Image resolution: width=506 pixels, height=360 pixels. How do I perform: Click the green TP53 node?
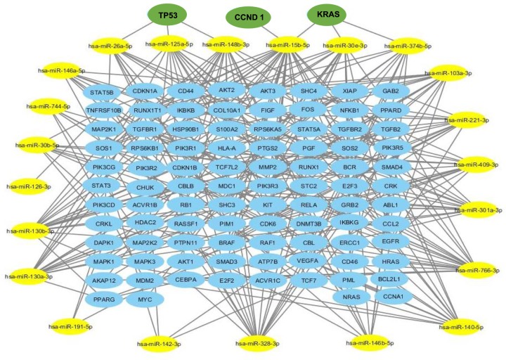click(167, 15)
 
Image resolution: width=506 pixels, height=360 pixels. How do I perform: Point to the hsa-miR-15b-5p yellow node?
click(290, 46)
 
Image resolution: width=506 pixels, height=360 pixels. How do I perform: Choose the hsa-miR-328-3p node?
click(257, 343)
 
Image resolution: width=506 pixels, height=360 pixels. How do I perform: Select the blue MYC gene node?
click(144, 299)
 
